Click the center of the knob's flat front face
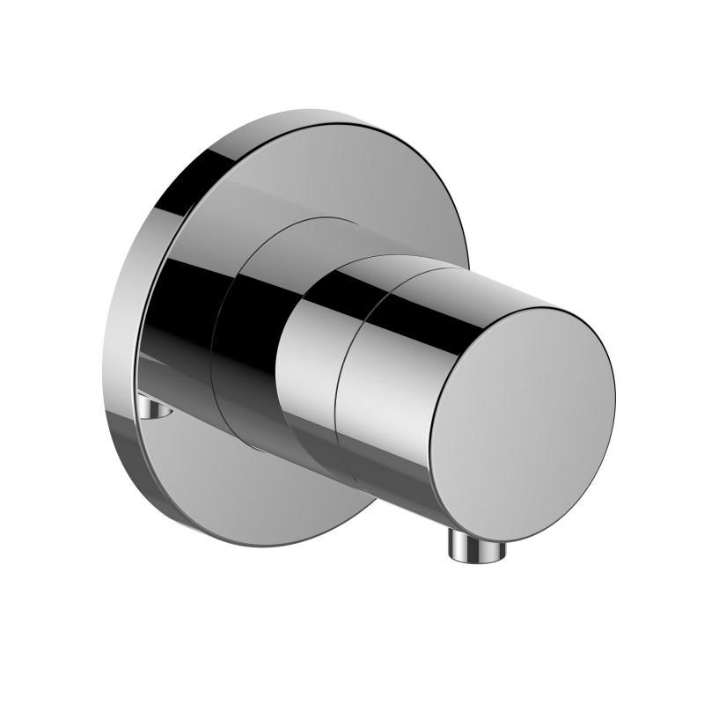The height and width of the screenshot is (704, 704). (523, 414)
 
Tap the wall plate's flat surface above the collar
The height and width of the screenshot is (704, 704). (308, 176)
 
